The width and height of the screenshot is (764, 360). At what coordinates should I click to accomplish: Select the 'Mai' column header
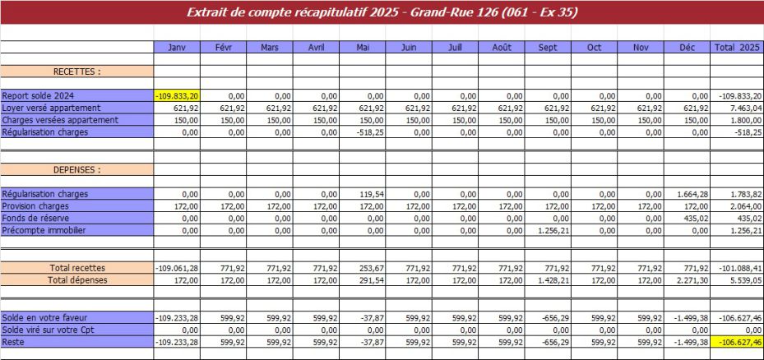click(362, 48)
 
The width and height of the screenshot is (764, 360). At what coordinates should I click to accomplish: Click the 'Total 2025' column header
click(736, 48)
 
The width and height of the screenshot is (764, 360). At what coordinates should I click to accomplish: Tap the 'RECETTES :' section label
click(76, 72)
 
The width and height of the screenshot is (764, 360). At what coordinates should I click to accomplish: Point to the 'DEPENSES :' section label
click(76, 170)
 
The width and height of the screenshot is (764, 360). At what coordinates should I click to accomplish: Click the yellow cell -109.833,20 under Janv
click(177, 96)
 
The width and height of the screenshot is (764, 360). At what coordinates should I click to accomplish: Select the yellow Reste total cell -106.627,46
click(736, 342)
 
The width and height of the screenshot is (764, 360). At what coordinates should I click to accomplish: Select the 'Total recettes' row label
click(76, 268)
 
